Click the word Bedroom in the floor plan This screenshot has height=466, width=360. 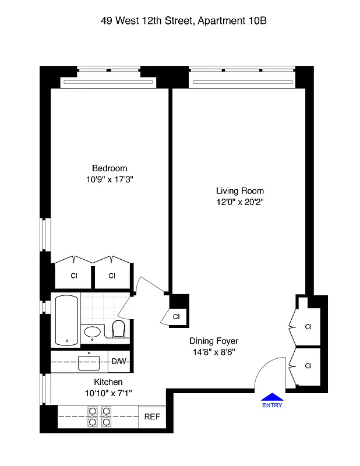[x=109, y=168]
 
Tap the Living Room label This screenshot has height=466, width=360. [x=239, y=190]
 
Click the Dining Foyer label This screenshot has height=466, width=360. [x=214, y=341]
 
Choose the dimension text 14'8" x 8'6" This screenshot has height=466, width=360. [x=214, y=352]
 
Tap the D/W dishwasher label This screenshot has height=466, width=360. [x=119, y=362]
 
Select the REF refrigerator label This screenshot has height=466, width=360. [x=151, y=418]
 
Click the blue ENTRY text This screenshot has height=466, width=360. [x=272, y=405]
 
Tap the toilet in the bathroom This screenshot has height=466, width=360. [x=119, y=329]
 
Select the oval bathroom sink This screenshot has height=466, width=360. [x=93, y=333]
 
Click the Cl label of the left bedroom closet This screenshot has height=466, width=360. [x=74, y=276]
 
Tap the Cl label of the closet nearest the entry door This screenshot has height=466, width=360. [x=308, y=366]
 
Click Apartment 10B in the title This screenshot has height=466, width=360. [x=233, y=21]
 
